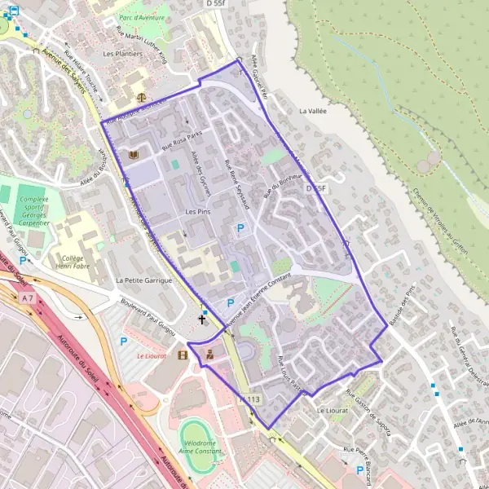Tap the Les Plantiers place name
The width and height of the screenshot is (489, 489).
point(122,54)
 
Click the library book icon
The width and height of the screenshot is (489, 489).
point(133,155)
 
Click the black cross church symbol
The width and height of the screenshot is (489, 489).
point(202,319)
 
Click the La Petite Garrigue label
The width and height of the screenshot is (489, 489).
point(142,280)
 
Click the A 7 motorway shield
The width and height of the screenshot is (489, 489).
point(29,298)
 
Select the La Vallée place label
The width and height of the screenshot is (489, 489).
point(312,111)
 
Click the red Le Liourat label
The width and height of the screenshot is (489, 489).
point(151,356)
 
